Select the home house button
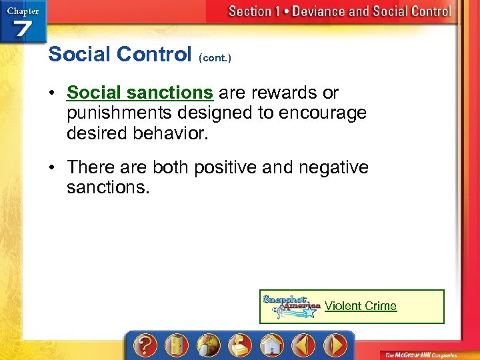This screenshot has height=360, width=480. [271, 345]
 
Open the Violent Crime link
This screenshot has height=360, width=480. [360, 306]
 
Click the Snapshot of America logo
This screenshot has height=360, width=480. [291, 307]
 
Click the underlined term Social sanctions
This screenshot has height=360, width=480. [140, 93]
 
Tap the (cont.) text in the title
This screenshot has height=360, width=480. [215, 58]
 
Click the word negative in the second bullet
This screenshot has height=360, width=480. [331, 167]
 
